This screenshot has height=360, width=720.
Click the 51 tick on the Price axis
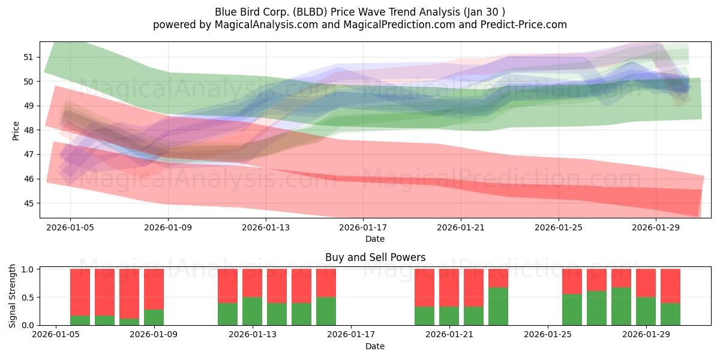pyautogui.click(x=28, y=57)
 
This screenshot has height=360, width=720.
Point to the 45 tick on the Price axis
pyautogui.click(x=28, y=203)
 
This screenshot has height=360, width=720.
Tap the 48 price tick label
pyautogui.click(x=28, y=130)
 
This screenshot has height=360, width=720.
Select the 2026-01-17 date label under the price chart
pyautogui.click(x=363, y=227)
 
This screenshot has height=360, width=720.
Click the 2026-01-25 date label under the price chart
pyautogui.click(x=559, y=227)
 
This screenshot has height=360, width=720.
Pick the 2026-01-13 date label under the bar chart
pyautogui.click(x=253, y=335)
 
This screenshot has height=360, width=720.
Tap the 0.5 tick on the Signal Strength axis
pyautogui.click(x=28, y=298)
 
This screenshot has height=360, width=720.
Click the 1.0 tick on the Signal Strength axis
pyautogui.click(x=28, y=269)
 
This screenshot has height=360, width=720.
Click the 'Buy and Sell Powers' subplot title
pyautogui.click(x=375, y=257)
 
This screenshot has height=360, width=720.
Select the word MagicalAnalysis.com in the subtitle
pyautogui.click(x=266, y=25)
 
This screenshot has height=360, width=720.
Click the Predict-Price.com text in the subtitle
pyautogui.click(x=524, y=25)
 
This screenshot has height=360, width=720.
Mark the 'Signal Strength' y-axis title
pyautogui.click(x=12, y=296)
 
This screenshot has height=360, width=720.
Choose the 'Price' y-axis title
pyautogui.click(x=16, y=131)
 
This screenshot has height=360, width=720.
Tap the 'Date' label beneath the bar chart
pyautogui.click(x=375, y=346)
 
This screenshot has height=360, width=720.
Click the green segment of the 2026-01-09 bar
pyautogui.click(x=154, y=317)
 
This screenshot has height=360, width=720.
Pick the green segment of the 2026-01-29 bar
pyautogui.click(x=646, y=311)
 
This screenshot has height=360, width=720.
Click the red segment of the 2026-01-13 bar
pyautogui.click(x=253, y=283)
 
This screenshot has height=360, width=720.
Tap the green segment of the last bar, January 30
pyautogui.click(x=671, y=314)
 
